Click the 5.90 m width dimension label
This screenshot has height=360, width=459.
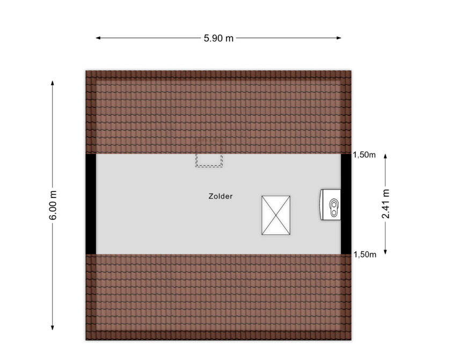point(218,38)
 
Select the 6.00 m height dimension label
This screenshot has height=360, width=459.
point(53,205)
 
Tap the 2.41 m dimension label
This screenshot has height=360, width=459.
point(385,204)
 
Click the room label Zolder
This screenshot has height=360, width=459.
point(221,196)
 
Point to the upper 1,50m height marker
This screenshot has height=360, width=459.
point(364,155)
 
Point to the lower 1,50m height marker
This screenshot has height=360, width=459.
point(365,254)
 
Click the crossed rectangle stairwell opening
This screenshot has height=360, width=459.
point(276,215)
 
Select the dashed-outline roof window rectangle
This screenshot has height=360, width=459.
point(209,153)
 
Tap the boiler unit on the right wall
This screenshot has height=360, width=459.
point(330,204)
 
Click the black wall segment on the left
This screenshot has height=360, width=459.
point(91,204)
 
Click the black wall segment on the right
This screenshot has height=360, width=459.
point(346,204)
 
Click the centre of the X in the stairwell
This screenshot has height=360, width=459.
point(276,215)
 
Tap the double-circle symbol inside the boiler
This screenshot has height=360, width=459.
point(334,208)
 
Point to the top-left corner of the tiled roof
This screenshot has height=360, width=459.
point(86,70)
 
